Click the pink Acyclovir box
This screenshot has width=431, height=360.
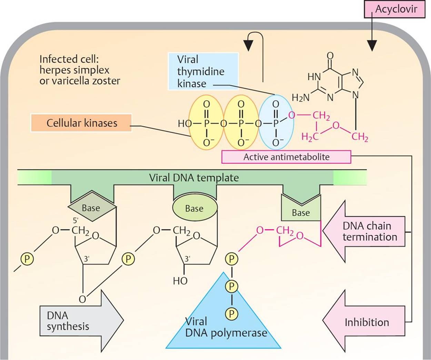tap(395, 9)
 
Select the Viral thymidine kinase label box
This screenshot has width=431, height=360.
tap(203, 71)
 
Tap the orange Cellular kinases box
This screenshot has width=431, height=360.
tap(81, 123)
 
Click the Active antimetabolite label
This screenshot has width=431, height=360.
tap(286, 157)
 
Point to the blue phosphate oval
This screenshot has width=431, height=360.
tap(276, 122)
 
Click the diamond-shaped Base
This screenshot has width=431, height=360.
tap(91, 208)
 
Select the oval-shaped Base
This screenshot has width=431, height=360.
tap(194, 208)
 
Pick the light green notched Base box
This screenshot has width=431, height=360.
tap(301, 211)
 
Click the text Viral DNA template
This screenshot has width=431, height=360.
tap(194, 178)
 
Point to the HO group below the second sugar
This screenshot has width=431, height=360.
tap(180, 281)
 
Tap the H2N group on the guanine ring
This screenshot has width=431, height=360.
tap(300, 98)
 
